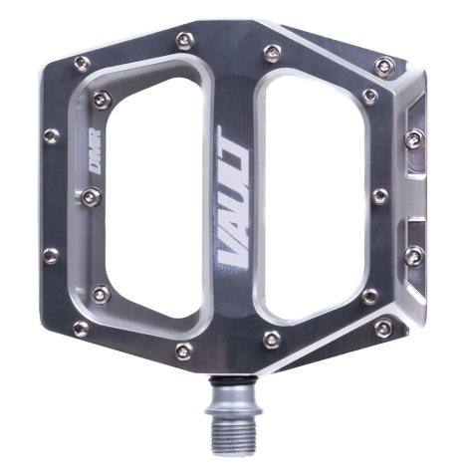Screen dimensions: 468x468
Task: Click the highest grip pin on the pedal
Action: [183, 40]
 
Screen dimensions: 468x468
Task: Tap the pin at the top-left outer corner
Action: [81, 66]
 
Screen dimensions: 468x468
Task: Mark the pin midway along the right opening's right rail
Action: [378, 196]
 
